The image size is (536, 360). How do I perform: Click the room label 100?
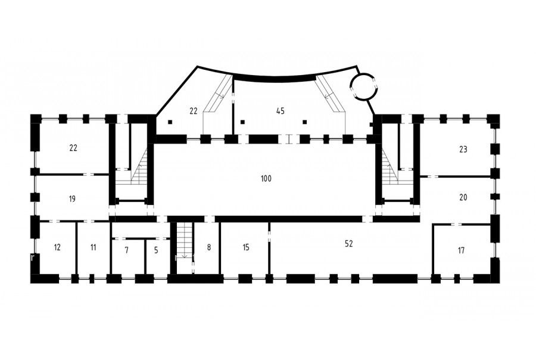pyautogui.click(x=266, y=179)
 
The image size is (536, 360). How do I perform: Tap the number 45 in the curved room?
pyautogui.click(x=281, y=111)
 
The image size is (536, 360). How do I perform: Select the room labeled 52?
pyautogui.click(x=348, y=244)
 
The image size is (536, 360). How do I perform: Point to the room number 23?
pyautogui.click(x=463, y=150)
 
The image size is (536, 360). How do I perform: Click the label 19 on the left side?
pyautogui.click(x=72, y=198)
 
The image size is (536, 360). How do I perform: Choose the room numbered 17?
pyautogui.click(x=461, y=250)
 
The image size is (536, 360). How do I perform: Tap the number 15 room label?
pyautogui.click(x=246, y=247)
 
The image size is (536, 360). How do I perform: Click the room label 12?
pyautogui.click(x=57, y=247)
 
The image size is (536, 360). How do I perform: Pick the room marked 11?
pyautogui.click(x=94, y=247)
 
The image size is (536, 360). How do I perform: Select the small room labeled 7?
pyautogui.click(x=126, y=250)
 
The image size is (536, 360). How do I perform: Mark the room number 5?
pyautogui.click(x=156, y=250)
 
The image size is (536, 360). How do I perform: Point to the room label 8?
pyautogui.click(x=209, y=247)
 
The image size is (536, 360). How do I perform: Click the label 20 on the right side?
pyautogui.click(x=463, y=197)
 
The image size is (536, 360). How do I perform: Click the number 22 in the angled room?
pyautogui.click(x=194, y=111)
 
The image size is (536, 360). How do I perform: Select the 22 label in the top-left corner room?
pyautogui.click(x=73, y=148)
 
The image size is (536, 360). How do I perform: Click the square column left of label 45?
pyautogui.click(x=243, y=122)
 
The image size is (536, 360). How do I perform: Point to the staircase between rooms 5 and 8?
pyautogui.click(x=185, y=240)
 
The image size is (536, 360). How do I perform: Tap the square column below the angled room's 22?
pyautogui.click(x=170, y=122)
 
